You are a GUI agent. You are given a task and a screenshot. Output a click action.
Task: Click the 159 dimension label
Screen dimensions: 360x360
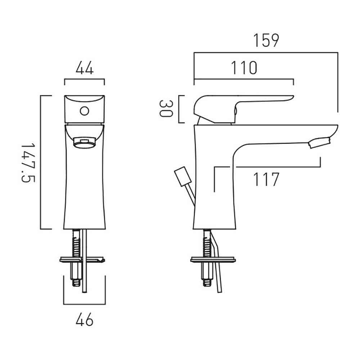[266, 40]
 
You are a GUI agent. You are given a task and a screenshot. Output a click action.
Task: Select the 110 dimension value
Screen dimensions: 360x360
[244, 68]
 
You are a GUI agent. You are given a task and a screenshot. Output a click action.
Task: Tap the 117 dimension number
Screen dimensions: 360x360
[266, 179]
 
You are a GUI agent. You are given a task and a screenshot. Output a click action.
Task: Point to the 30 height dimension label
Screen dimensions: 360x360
[166, 109]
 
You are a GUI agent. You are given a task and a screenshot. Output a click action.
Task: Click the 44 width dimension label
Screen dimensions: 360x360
[85, 68]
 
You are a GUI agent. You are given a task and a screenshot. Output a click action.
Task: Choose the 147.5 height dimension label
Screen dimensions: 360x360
[28, 163]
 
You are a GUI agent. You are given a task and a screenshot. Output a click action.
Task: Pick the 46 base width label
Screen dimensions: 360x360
[85, 319]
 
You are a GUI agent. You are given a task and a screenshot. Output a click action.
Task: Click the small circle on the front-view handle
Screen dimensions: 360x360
[85, 111]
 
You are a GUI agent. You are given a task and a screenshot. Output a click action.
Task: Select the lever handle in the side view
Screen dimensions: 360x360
[243, 109]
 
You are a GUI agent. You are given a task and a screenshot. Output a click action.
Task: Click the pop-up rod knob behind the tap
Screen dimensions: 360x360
[183, 176]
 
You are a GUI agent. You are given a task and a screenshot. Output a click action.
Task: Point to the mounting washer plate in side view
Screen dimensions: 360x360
[213, 260]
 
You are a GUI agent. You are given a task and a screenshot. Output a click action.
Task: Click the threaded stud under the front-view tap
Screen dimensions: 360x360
[76, 258]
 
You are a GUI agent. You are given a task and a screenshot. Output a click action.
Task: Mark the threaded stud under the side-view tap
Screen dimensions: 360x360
[207, 258]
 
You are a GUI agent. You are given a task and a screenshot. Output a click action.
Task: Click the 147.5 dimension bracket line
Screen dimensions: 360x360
[41, 162]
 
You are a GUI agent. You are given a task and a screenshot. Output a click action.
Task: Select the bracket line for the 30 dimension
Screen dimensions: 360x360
[179, 109]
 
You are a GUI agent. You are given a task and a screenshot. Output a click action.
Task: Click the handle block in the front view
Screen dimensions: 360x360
[85, 109]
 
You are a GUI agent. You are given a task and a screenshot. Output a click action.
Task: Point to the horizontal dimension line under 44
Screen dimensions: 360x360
[85, 79]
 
